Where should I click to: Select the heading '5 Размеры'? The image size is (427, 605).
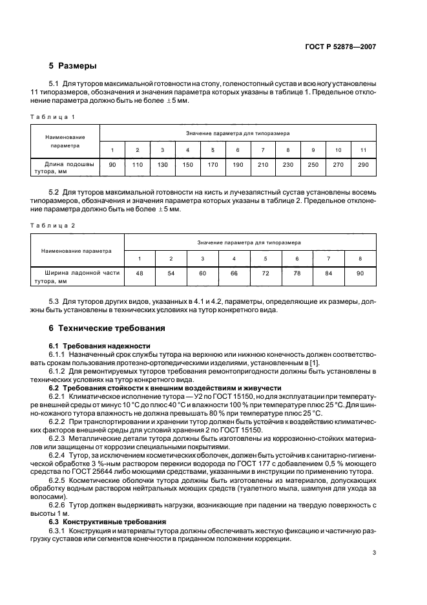(73, 66)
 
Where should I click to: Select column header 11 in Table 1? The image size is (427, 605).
(362, 151)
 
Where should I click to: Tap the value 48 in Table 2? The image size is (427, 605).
(140, 274)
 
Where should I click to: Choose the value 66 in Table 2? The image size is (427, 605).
(234, 274)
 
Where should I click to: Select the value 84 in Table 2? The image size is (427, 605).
(328, 274)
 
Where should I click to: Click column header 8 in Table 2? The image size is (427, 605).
(359, 259)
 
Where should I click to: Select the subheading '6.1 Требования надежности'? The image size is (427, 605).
(99, 346)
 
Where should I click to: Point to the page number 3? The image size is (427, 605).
(374, 553)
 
